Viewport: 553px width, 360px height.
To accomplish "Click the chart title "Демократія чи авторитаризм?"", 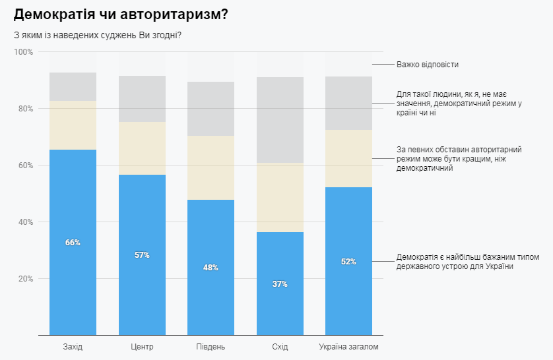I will point(121,14).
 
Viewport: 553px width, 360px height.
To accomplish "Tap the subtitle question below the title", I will point(97,35).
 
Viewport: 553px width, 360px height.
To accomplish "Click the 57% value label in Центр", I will point(142,255).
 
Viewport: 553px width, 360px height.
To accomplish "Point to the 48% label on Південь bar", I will point(211,268).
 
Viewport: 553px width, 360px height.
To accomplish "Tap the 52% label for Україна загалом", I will point(348,262).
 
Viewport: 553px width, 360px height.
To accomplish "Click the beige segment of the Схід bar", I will point(280,198).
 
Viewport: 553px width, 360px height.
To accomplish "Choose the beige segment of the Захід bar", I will point(73,125).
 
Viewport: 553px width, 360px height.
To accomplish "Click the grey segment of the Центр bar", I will point(142,99).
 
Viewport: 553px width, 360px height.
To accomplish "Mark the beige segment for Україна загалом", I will point(348,158).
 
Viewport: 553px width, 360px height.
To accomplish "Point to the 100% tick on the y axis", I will point(24,52).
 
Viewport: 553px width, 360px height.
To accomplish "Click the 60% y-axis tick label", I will point(26,165).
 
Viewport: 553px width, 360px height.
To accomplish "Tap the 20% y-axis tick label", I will point(26,279).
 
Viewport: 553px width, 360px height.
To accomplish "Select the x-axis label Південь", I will point(211,347).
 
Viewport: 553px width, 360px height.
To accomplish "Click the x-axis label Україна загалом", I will point(348,347).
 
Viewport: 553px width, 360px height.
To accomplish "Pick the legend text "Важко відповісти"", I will point(427,65).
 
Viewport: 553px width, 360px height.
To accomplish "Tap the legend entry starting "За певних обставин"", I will point(454,159).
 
